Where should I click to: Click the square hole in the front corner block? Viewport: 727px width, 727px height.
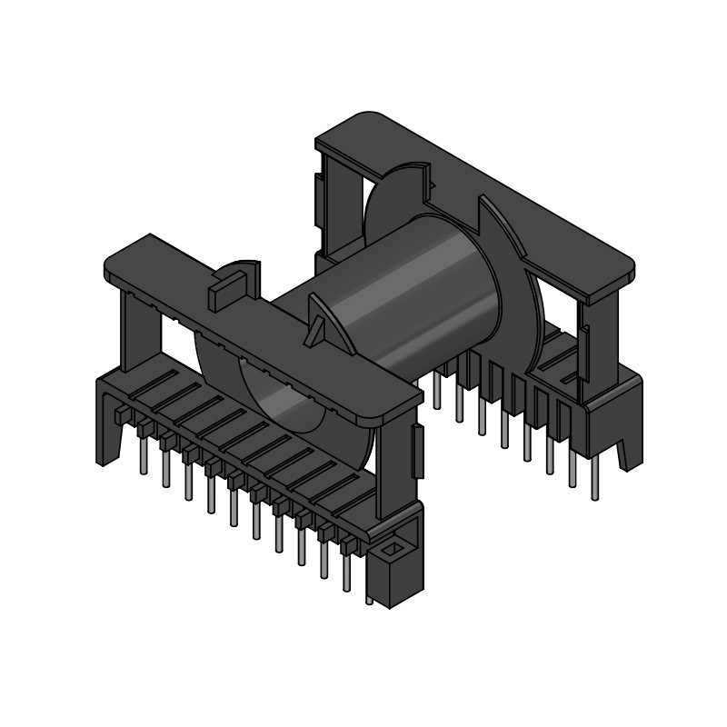(393, 550)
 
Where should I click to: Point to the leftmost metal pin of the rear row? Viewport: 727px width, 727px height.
(437, 391)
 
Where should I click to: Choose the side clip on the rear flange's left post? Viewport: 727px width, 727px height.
(320, 195)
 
